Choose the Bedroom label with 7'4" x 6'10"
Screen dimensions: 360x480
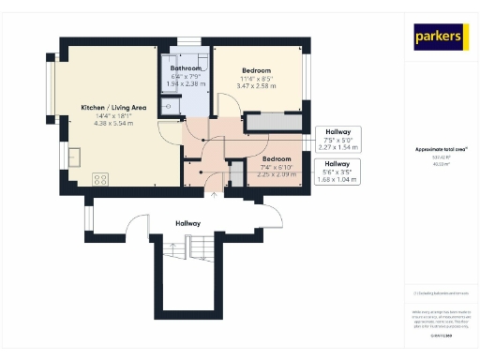pyautogui.click(x=249, y=159)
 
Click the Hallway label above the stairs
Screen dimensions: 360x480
pyautogui.click(x=188, y=223)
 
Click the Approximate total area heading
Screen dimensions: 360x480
pyautogui.click(x=441, y=149)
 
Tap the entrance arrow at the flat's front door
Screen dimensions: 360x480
pyautogui.click(x=214, y=195)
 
